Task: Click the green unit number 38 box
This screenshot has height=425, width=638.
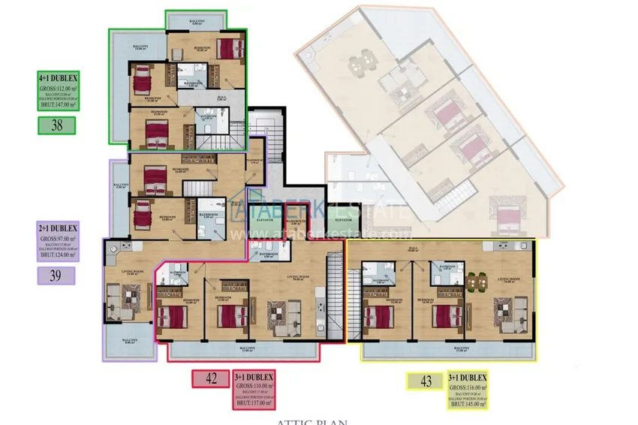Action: click(57, 125)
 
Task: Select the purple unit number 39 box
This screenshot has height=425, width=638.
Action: click(55, 275)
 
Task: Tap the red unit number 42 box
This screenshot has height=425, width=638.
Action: click(211, 379)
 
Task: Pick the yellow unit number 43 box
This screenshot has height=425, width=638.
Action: click(426, 381)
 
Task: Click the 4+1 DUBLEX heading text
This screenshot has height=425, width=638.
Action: click(58, 77)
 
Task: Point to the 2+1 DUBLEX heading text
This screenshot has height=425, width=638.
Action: click(58, 227)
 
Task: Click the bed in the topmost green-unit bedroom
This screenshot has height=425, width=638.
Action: click(227, 49)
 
